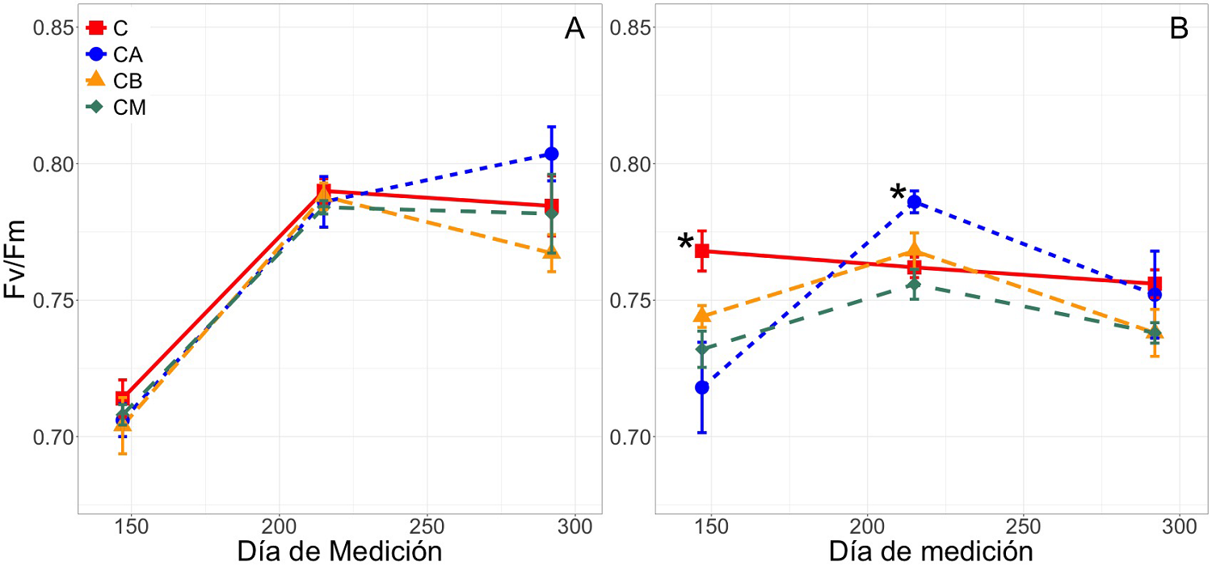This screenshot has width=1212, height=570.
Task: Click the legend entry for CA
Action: point(112,54)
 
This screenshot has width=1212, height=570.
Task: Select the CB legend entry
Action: point(112,80)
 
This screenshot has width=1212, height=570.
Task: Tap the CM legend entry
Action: point(112,107)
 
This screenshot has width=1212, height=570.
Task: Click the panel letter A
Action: point(574,29)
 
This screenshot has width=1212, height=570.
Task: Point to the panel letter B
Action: point(1179,29)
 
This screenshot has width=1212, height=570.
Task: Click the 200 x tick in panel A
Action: point(278,526)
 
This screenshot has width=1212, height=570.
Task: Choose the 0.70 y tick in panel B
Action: point(630,437)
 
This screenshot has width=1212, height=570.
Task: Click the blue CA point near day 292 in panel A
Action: point(552,154)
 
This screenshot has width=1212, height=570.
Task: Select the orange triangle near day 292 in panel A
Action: point(552,252)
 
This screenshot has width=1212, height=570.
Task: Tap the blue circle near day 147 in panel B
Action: point(702,387)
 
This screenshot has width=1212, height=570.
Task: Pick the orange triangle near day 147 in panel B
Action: point(702,315)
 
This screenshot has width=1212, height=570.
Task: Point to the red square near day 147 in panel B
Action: point(702,251)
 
